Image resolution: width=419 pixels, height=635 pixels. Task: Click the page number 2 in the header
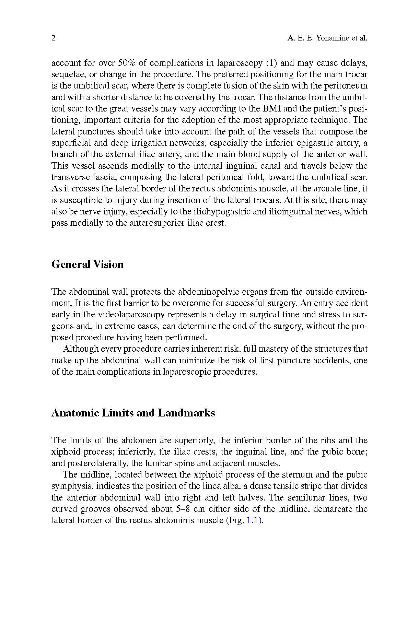coord(54,38)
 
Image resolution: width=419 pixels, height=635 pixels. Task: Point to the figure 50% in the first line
coord(127,63)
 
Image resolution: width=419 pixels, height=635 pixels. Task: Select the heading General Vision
coord(88,264)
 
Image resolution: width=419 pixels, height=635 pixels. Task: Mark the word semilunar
coord(305,497)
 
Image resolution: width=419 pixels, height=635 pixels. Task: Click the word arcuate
coord(308,189)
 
